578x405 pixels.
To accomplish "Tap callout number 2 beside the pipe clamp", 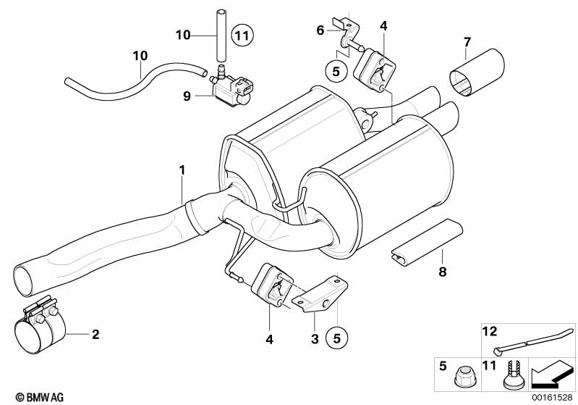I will coord(95,334).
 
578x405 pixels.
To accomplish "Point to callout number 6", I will coord(320,30).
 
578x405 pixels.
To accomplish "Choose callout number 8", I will coord(442,272).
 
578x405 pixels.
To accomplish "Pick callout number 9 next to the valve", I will coord(187,95).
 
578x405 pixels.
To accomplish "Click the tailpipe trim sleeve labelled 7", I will coord(477,76).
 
